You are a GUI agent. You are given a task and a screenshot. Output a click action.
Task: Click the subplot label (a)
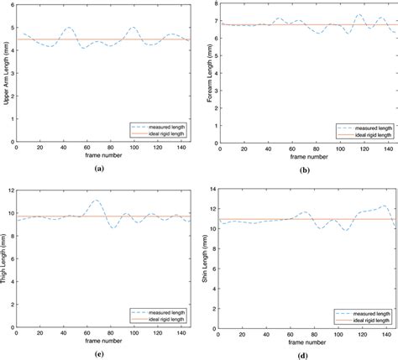point(99,168)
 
